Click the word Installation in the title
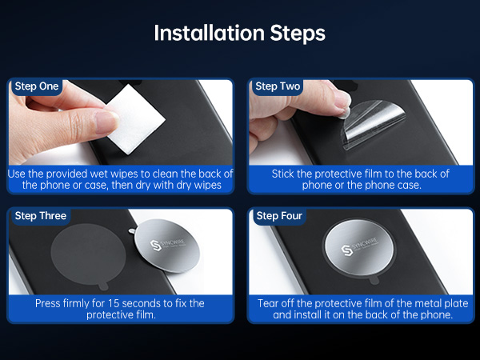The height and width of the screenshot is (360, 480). (x=209, y=33)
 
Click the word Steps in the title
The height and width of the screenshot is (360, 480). (x=298, y=34)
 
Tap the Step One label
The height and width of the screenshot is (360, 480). (x=37, y=86)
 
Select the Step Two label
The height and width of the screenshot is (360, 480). (x=278, y=86)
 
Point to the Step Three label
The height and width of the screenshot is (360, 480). (x=41, y=216)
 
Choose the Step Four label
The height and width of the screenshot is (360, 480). (x=279, y=216)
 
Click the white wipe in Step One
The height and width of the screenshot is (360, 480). (x=134, y=119)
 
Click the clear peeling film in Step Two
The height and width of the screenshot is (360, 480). (x=373, y=123)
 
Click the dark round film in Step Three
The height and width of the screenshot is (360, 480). (x=88, y=254)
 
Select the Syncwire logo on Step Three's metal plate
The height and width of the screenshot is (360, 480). (x=168, y=244)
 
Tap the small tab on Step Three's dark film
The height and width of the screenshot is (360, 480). (x=103, y=286)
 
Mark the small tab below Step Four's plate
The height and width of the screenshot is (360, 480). (x=374, y=280)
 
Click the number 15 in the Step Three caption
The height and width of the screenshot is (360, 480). (x=114, y=303)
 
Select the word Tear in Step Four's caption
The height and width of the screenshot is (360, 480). (x=268, y=303)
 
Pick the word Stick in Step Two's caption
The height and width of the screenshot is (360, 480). (x=282, y=174)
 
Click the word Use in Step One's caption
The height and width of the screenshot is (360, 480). (x=17, y=174)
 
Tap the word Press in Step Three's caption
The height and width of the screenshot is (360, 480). (x=47, y=303)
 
